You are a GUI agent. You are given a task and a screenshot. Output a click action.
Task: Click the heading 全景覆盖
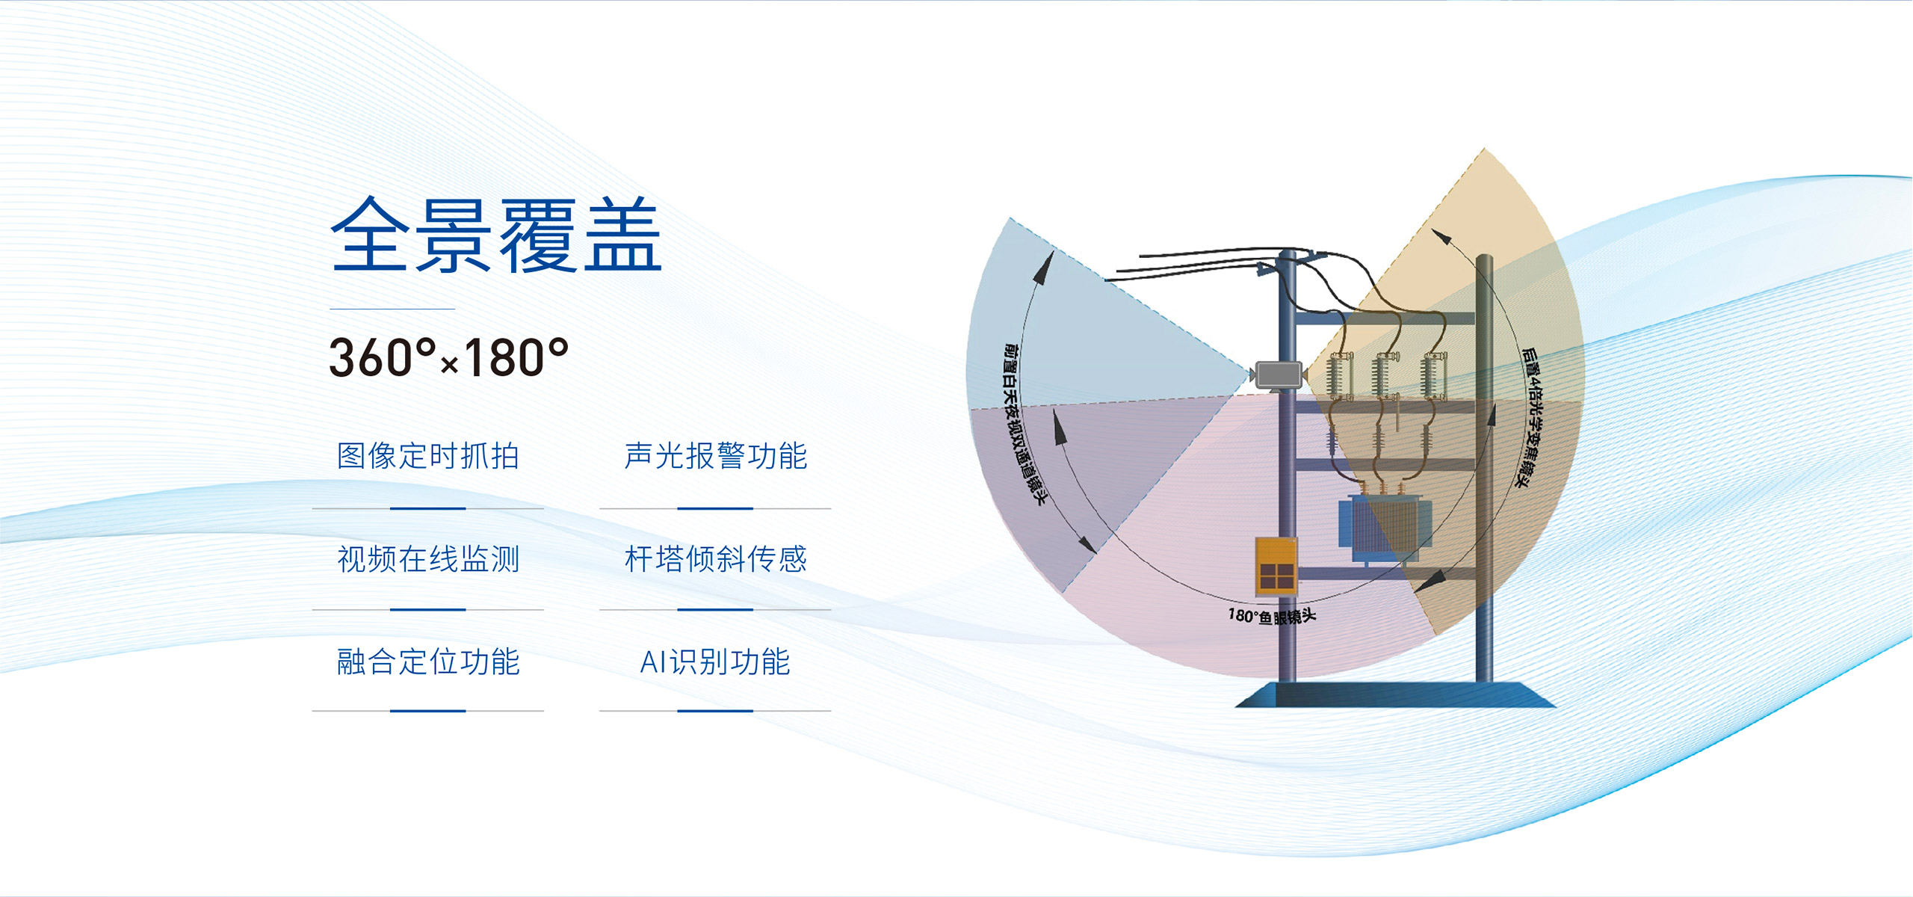click(x=496, y=235)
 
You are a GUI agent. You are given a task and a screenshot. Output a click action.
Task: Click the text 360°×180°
click(x=448, y=357)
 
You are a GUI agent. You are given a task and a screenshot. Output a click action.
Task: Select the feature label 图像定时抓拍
click(x=428, y=456)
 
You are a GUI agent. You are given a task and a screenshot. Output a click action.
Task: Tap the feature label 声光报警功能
click(x=715, y=456)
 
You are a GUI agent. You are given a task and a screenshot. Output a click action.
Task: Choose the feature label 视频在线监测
click(x=428, y=558)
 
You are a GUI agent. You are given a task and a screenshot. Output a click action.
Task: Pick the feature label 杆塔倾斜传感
click(x=715, y=558)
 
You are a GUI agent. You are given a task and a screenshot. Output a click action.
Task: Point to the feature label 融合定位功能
click(x=428, y=662)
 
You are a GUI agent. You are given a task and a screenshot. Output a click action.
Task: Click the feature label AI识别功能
click(x=715, y=662)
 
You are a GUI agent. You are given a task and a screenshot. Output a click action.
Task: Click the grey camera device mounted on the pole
click(x=1279, y=374)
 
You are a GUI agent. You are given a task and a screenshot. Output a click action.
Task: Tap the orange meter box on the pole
click(x=1276, y=566)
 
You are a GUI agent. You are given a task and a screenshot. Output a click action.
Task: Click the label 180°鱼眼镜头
click(x=1272, y=616)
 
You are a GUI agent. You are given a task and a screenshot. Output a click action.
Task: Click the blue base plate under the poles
click(x=1395, y=694)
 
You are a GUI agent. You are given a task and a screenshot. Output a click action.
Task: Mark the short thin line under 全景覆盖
click(x=392, y=309)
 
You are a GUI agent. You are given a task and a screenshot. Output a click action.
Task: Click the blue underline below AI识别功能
click(x=715, y=711)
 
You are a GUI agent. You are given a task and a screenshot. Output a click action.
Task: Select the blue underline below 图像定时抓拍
click(x=428, y=508)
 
